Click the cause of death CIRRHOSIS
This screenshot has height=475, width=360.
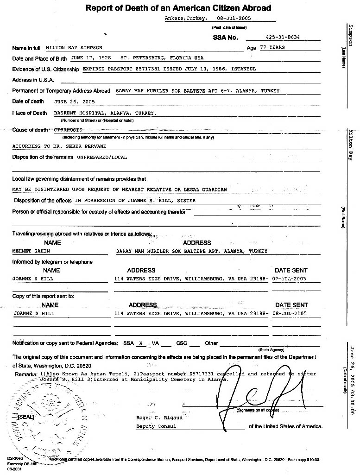coord(68,130)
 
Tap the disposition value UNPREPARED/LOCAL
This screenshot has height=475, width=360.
coord(102,157)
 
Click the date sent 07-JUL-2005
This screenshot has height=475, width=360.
coord(290,279)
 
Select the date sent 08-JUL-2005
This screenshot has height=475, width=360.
coord(290,313)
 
